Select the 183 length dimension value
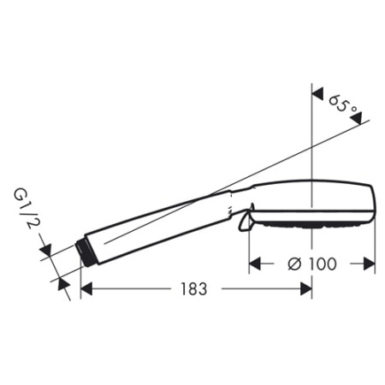(x=194, y=289)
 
